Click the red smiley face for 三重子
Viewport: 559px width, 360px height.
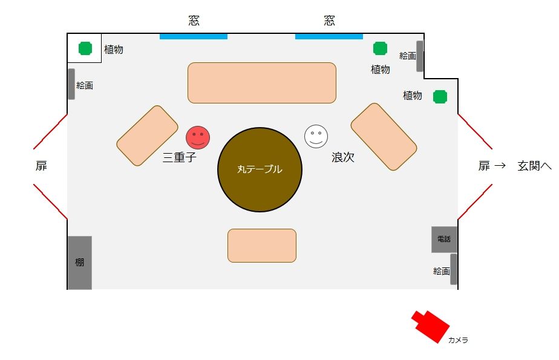click(x=197, y=137)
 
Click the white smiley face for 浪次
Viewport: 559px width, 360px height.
click(x=316, y=136)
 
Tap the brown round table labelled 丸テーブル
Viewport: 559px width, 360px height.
click(x=260, y=169)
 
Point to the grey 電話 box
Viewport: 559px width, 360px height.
click(x=443, y=239)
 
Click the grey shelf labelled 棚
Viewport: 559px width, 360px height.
click(x=79, y=263)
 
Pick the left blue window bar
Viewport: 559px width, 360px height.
click(x=194, y=36)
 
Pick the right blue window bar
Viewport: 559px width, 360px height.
click(x=329, y=36)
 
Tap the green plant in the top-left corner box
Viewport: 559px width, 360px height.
click(x=85, y=48)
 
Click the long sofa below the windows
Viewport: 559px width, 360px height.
click(x=261, y=83)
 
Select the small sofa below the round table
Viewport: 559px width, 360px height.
click(x=261, y=246)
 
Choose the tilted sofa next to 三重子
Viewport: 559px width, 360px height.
click(x=147, y=136)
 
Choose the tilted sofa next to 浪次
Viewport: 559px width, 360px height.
click(x=384, y=136)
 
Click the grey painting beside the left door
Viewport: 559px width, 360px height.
click(x=71, y=84)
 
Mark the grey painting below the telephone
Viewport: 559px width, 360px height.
click(x=453, y=269)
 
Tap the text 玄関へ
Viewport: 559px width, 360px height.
click(x=534, y=166)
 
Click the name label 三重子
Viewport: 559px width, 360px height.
click(x=180, y=158)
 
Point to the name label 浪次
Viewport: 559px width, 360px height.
click(x=342, y=157)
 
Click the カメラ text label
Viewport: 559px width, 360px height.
click(x=458, y=341)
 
